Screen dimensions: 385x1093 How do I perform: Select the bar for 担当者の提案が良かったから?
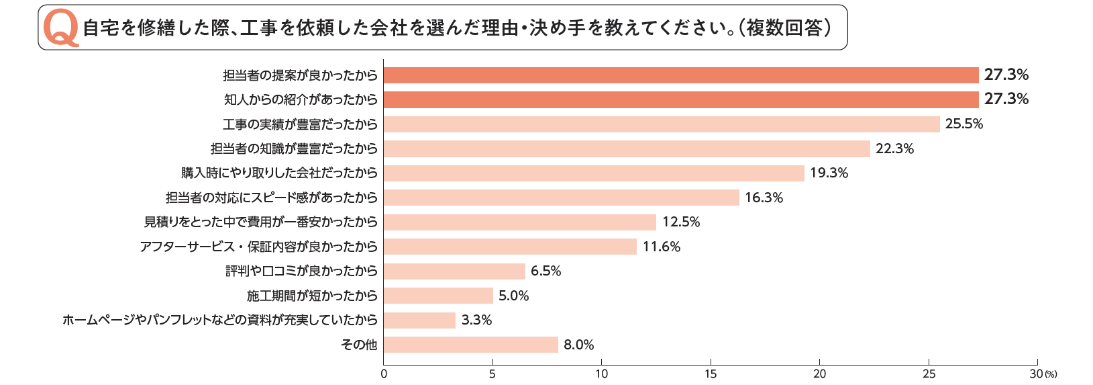tap(681, 75)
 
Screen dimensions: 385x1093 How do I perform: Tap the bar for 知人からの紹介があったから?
tap(681, 99)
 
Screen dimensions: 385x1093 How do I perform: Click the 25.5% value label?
tap(964, 124)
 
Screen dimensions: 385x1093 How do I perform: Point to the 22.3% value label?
tap(894, 148)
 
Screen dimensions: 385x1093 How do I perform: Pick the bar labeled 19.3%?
tap(594, 173)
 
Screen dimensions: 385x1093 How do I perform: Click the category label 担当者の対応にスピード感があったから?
tap(272, 198)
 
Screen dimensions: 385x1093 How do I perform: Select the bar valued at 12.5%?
tap(520, 222)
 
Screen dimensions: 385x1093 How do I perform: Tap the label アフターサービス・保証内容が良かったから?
tap(258, 247)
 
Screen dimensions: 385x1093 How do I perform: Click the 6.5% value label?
tap(545, 271)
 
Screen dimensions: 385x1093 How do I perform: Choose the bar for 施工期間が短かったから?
tap(438, 296)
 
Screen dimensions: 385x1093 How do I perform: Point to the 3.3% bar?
tap(419, 320)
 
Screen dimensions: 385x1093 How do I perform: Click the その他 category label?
tap(359, 345)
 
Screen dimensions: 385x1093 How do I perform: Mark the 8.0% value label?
tap(578, 345)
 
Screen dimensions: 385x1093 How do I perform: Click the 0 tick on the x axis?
tap(384, 374)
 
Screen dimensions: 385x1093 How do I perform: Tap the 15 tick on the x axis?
tap(711, 374)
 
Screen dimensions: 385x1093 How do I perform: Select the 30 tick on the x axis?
tap(1036, 374)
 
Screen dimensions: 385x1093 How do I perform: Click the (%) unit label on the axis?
tap(1051, 374)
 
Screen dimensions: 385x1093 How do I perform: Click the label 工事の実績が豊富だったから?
tap(300, 124)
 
